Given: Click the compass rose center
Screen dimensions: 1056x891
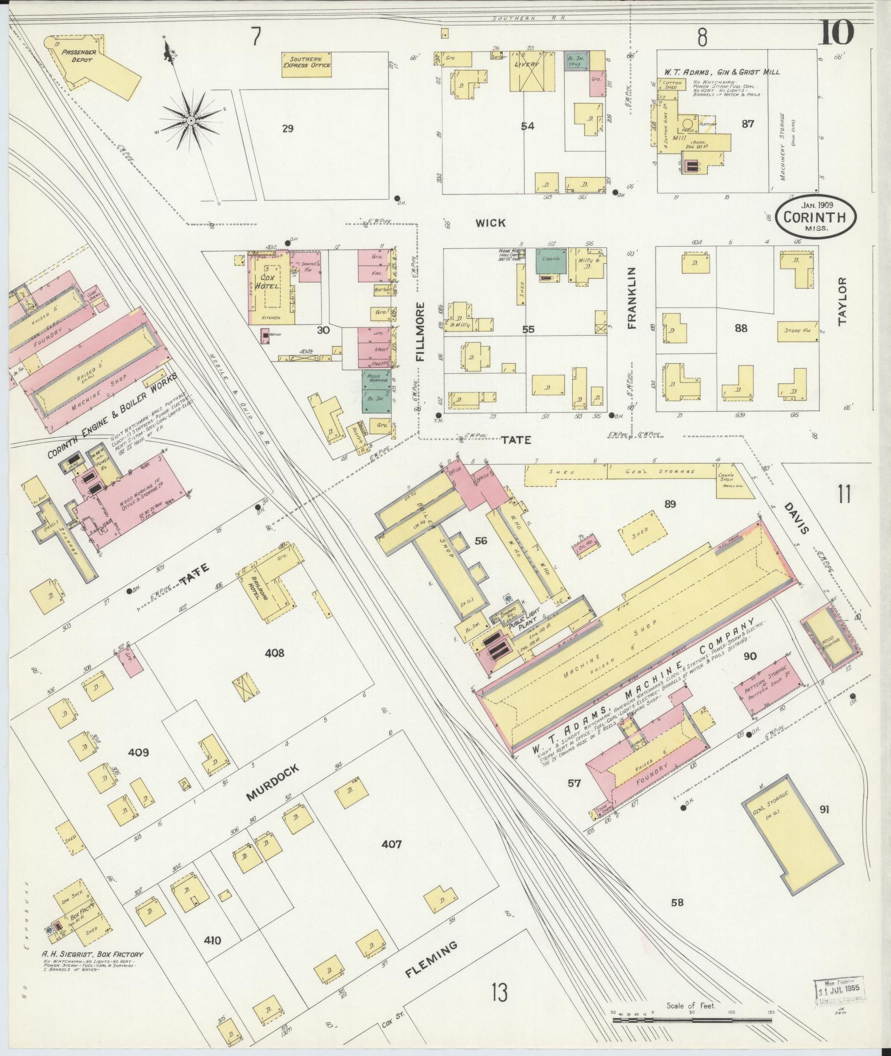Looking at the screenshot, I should point(190,120).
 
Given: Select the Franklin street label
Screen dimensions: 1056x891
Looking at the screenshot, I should point(631,299).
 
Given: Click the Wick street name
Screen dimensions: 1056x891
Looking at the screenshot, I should point(491,222).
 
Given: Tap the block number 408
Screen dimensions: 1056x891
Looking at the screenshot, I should point(274,653).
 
